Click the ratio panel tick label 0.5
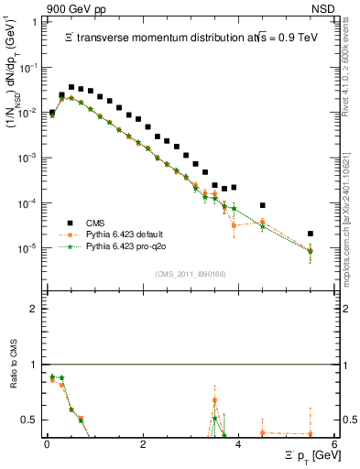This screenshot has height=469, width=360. (x=30, y=420)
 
